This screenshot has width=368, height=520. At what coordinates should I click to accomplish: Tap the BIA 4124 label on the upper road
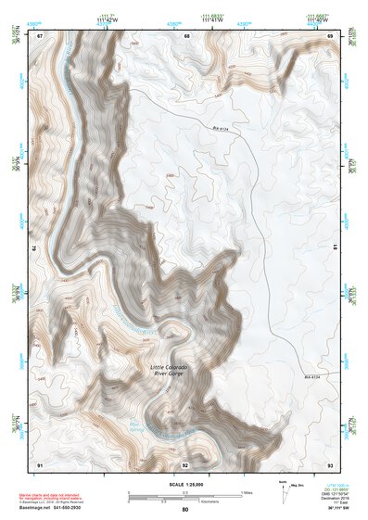pos(219,129)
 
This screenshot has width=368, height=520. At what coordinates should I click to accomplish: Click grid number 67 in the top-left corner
pos(40,35)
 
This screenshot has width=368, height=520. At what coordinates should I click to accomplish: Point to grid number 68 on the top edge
pos(186,35)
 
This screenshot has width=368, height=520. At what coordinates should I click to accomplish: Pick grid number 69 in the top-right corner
pos(331,35)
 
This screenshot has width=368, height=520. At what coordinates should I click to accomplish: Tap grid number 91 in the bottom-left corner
pos(40,463)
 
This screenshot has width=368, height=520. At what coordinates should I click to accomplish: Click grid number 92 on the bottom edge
pos(185,463)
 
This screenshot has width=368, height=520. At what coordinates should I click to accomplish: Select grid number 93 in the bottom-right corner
pos(331,463)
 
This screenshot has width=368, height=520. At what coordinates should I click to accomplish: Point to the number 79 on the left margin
pos(36,248)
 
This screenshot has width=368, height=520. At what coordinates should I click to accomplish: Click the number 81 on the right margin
pos(335,248)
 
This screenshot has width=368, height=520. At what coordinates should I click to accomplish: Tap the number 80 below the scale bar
pos(185,509)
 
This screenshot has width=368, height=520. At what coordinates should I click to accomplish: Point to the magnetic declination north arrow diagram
pos(282,489)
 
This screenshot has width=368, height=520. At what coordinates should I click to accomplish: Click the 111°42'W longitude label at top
pos(111,20)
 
